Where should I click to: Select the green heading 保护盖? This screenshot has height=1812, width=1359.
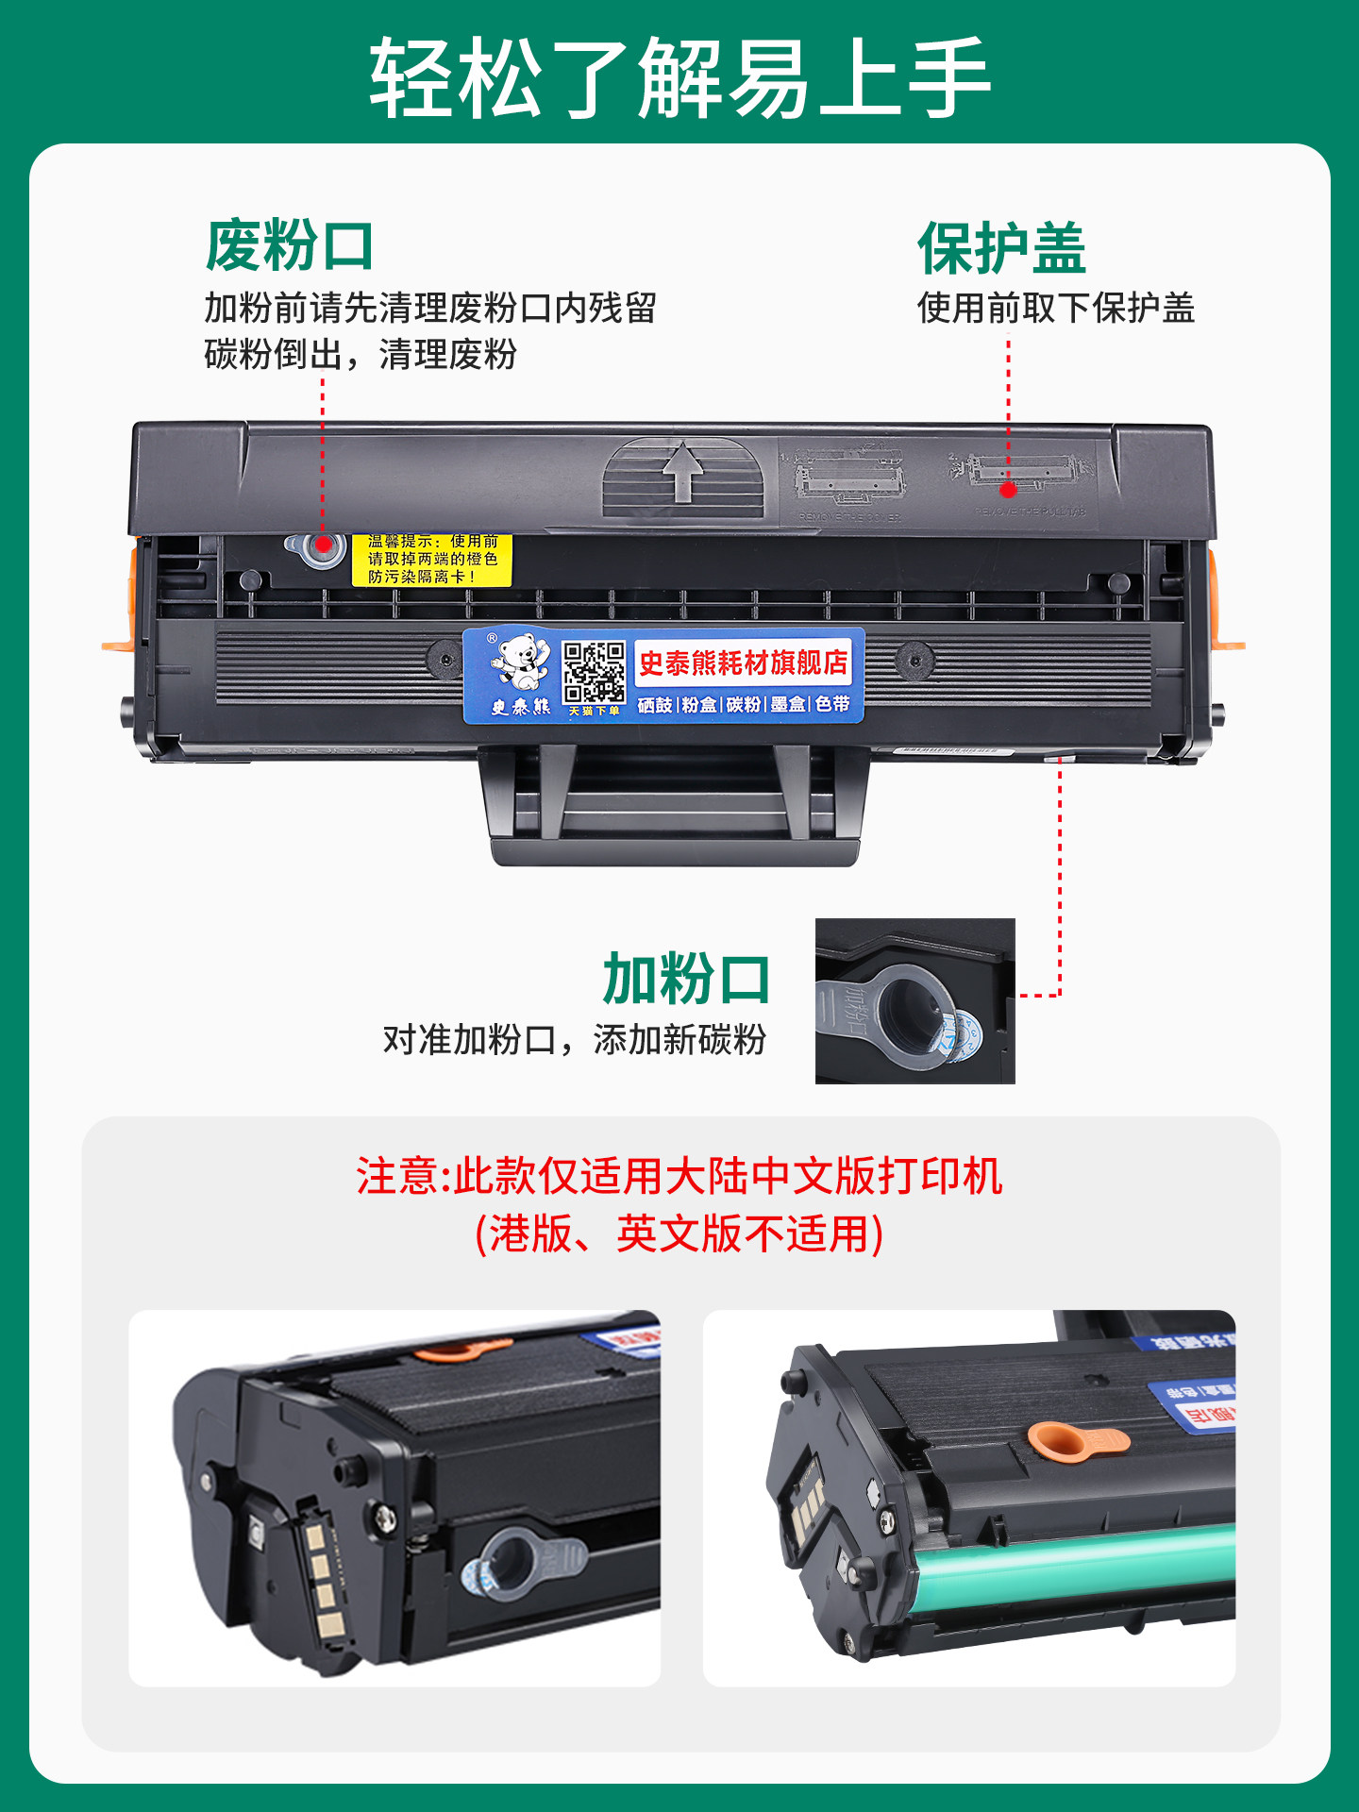click(x=1001, y=248)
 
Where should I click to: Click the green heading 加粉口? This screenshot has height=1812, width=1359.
click(x=686, y=979)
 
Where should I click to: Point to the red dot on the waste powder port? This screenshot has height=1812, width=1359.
click(x=323, y=545)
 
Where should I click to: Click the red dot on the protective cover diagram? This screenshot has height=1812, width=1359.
click(x=1008, y=489)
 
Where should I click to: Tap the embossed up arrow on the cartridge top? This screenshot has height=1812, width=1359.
click(x=683, y=472)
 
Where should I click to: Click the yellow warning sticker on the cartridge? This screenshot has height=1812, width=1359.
click(x=431, y=560)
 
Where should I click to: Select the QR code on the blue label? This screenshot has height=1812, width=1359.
click(x=594, y=672)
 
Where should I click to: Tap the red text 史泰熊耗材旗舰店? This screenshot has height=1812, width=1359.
click(x=743, y=663)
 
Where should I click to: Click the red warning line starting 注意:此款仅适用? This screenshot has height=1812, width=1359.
click(x=679, y=1176)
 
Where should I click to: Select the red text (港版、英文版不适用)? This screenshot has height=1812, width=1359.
click(x=679, y=1233)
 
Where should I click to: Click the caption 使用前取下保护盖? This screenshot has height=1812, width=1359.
click(x=1055, y=309)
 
